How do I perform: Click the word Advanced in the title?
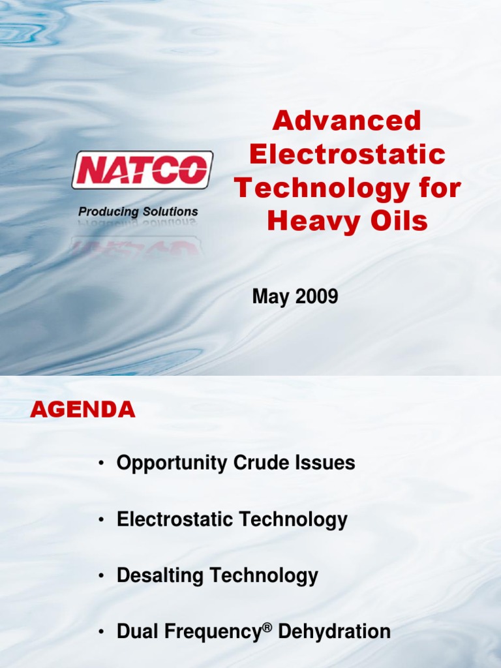[347, 121]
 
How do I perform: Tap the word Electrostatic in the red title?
[347, 155]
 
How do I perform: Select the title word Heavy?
[306, 222]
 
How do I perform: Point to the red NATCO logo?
[142, 170]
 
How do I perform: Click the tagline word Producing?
[108, 212]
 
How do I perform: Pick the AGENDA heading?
[83, 410]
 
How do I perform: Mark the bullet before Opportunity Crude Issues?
[101, 464]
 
